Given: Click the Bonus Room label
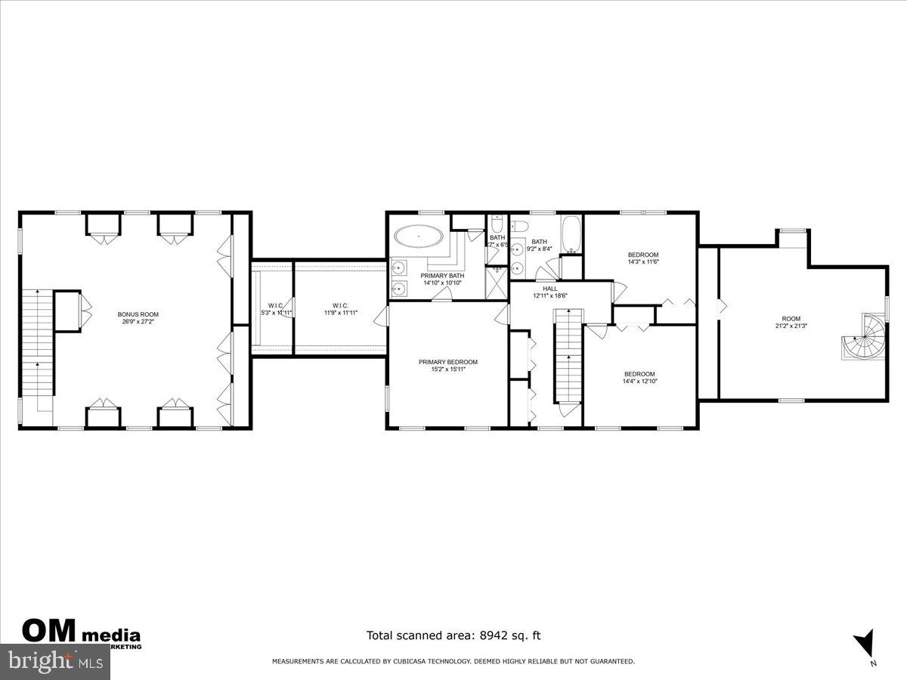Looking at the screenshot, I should point(138,314).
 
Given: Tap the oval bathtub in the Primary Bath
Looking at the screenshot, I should point(418,236).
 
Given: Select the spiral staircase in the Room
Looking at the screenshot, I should point(865,339).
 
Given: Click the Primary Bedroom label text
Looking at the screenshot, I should point(448,362).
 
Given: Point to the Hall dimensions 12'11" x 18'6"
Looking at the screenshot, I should point(549,296).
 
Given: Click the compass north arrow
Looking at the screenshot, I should point(865,644).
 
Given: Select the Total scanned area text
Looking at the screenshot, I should point(453,635).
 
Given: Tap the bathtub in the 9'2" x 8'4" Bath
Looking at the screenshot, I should point(571,233).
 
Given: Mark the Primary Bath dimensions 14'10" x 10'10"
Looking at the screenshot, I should point(442,283).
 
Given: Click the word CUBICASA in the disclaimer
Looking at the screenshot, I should point(413,662).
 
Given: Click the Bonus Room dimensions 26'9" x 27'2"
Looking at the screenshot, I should point(138,321).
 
